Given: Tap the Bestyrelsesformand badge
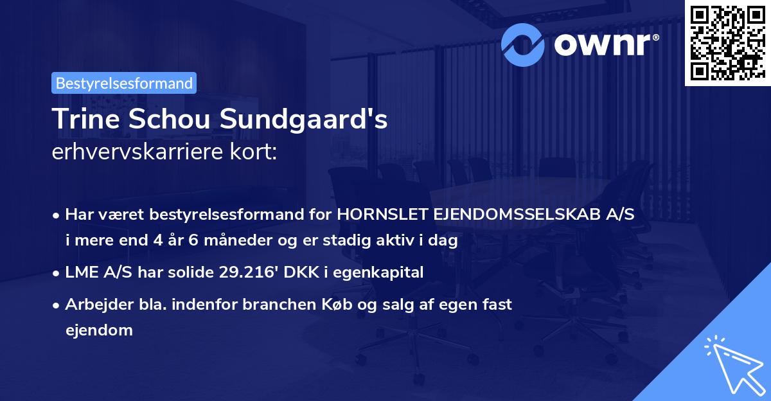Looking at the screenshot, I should click(x=124, y=83).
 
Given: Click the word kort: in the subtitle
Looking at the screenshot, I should click(x=254, y=153).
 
